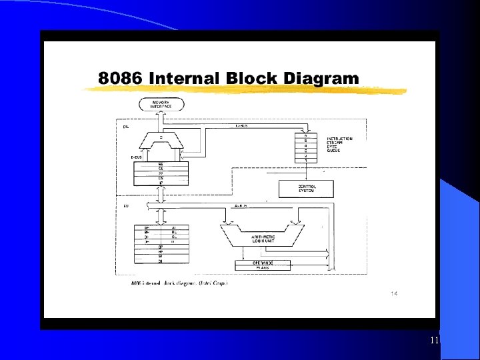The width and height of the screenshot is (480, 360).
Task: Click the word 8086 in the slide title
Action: pos(121,79)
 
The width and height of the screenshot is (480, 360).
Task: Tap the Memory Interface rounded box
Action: pos(161,105)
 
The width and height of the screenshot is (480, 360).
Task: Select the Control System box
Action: pos(305,189)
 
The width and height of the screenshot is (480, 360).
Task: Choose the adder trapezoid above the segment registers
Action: pos(160,141)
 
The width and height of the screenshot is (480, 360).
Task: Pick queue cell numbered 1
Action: pos(305,161)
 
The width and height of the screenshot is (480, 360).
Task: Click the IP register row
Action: pos(161,183)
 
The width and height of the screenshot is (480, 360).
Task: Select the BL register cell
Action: pos(173,232)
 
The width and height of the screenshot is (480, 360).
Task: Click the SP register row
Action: pos(161,247)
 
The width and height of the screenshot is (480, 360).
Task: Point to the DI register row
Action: pos(161,261)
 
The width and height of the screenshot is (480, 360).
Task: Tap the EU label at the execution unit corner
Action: pos(126,206)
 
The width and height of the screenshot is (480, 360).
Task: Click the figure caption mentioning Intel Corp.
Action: pos(179,283)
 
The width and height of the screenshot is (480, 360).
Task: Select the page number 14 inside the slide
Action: pos(393,293)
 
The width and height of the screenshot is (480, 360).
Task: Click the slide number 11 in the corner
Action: pos(434,341)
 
